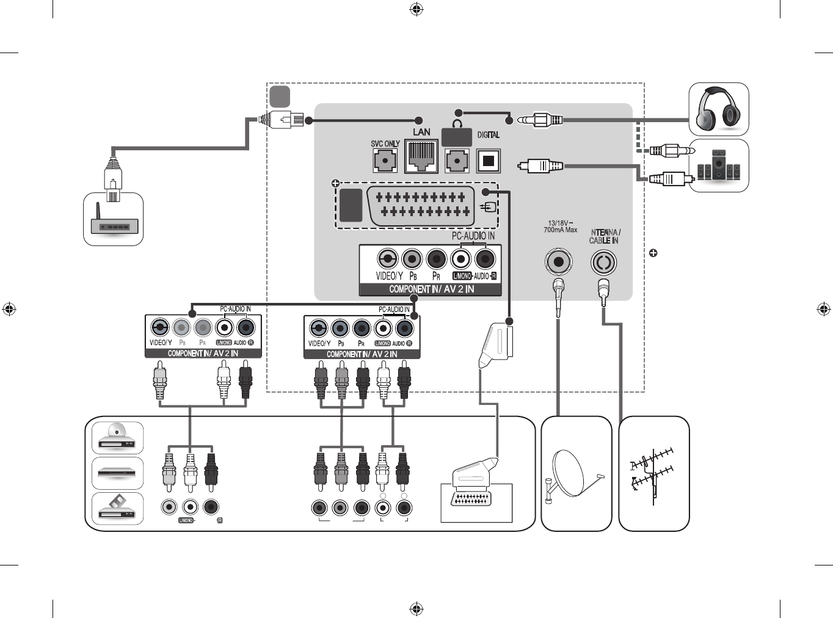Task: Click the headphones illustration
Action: pos(719,109)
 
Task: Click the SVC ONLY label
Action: pos(385,144)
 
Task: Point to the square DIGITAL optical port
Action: pos(488,161)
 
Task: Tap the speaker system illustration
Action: pos(719,165)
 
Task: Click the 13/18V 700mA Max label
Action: pos(560,227)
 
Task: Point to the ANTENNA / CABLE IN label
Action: pos(605,236)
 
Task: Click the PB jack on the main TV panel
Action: pos(412,260)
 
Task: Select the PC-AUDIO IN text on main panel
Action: pos(473,236)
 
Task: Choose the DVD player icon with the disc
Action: pos(118,437)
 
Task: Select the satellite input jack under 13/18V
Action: pos(558,262)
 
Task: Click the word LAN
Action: pos(421,132)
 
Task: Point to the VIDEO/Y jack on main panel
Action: pos(388,260)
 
